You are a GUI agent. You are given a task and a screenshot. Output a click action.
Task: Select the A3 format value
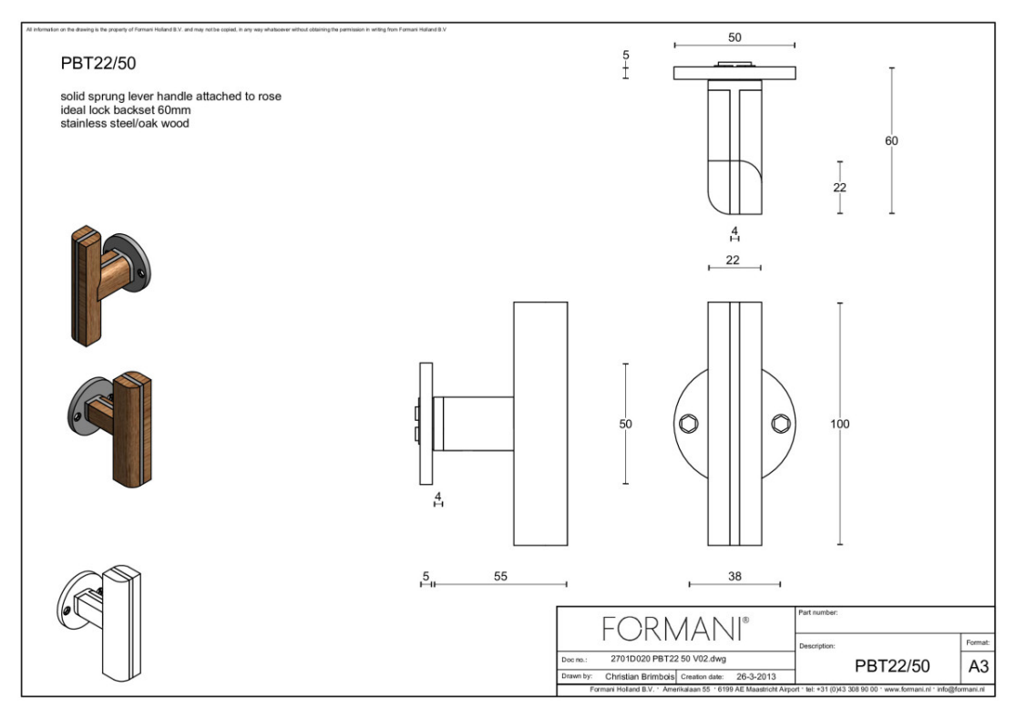[978, 667]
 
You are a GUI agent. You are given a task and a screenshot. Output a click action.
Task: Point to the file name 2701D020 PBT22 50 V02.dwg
[668, 659]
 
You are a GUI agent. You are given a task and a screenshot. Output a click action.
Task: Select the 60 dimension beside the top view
[891, 141]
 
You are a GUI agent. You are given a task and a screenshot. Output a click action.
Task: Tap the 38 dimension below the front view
[734, 576]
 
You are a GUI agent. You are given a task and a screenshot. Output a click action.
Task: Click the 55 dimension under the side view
[500, 576]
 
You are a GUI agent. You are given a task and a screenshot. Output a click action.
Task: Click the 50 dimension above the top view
[734, 37]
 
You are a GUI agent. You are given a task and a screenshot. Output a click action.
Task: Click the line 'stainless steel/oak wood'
[125, 124]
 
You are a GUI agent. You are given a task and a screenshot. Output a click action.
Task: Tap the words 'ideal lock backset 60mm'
[126, 110]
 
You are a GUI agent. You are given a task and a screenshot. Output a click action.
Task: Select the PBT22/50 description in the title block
[891, 667]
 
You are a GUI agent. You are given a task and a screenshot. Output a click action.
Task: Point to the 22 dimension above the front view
[733, 260]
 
